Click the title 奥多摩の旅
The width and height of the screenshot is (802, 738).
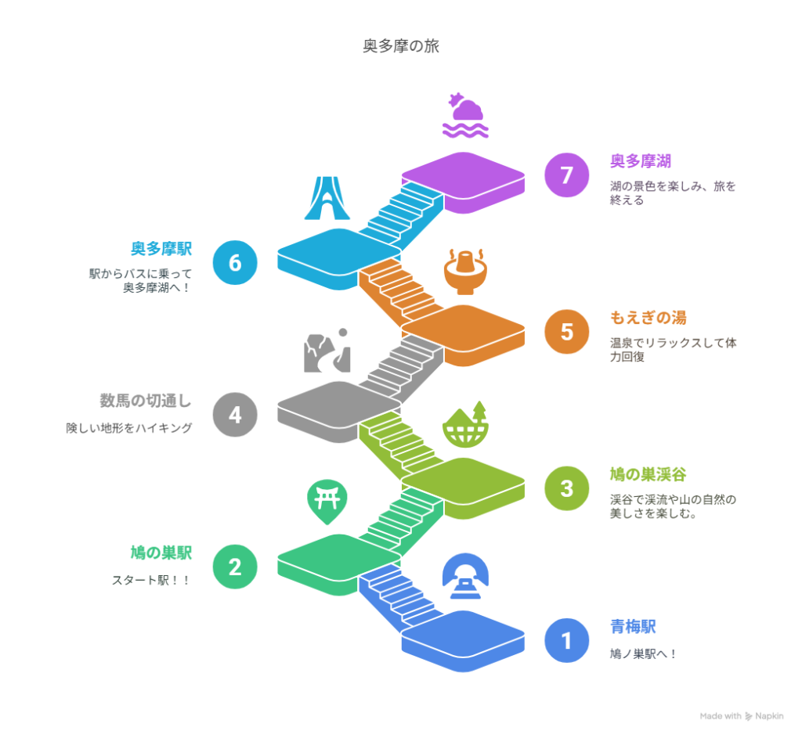tap(401, 46)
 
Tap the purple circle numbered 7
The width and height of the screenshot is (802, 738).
tap(567, 175)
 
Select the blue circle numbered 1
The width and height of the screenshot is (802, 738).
tap(567, 640)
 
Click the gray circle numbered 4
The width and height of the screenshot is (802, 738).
tap(235, 415)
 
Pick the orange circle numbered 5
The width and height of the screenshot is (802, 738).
tap(567, 332)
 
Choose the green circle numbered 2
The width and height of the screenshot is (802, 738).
tap(235, 567)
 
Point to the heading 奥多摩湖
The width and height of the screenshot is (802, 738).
tap(641, 161)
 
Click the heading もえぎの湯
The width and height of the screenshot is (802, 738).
tap(648, 318)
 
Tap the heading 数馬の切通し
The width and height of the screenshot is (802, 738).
tap(146, 401)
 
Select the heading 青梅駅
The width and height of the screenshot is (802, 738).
tap(633, 627)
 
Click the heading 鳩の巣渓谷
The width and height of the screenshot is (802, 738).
tap(648, 474)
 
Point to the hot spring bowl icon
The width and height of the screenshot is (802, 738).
tap(465, 272)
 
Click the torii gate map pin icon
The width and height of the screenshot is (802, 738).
tap(327, 502)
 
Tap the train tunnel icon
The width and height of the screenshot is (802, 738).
tap(465, 576)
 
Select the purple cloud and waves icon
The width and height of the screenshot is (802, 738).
tap(465, 116)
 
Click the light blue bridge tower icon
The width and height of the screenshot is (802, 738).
tap(327, 198)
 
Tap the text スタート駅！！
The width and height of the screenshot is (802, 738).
tap(151, 580)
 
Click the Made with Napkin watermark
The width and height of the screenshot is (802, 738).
tap(742, 716)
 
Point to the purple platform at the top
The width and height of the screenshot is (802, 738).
tap(464, 182)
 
